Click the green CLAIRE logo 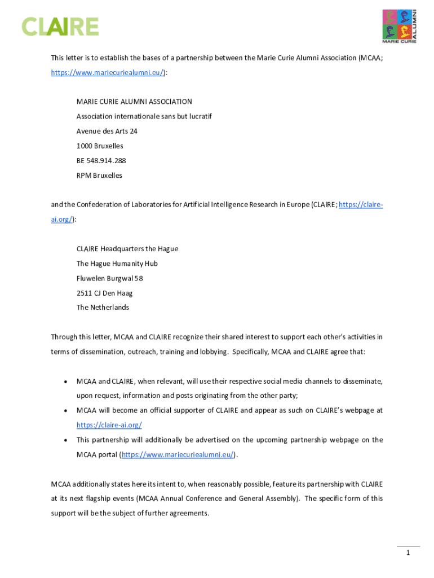60,27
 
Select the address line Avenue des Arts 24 107,131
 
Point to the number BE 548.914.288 101,160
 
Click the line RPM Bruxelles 99,175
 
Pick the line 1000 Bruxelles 100,146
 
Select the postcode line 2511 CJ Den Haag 105,293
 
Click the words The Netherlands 103,308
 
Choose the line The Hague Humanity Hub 117,264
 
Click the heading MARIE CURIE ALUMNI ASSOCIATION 134,102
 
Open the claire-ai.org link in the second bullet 109,425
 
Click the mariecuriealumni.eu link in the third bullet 178,454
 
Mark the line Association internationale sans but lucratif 144,116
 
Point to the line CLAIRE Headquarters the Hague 127,249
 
